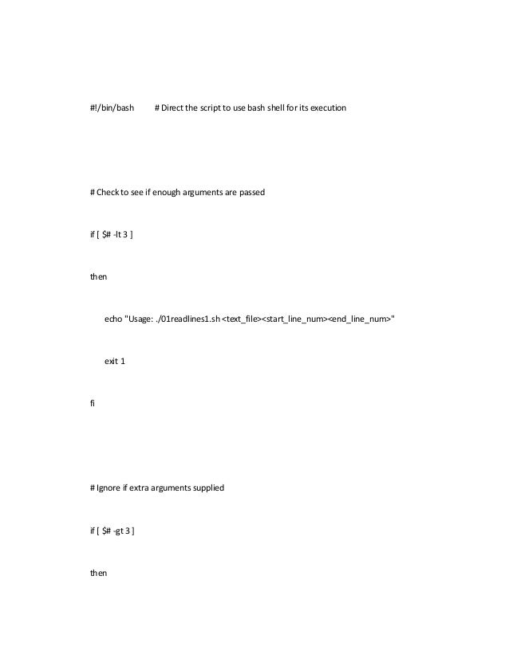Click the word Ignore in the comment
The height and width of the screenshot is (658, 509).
click(x=110, y=487)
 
